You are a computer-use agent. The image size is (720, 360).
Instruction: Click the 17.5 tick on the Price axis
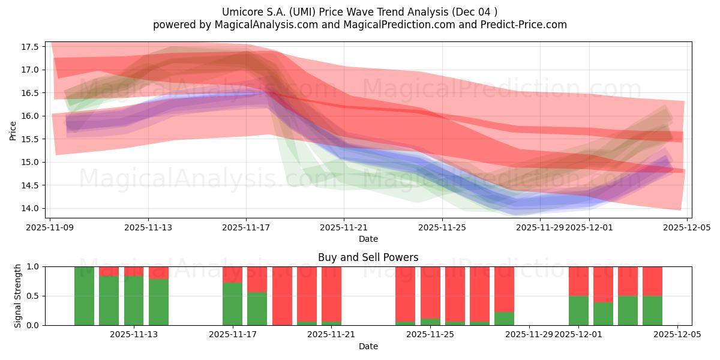tap(31, 47)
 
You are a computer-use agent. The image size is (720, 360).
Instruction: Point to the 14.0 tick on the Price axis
tap(31, 208)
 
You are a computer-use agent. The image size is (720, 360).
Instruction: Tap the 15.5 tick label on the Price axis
tap(31, 139)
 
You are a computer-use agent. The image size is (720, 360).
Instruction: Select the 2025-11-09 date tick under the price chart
tap(50, 227)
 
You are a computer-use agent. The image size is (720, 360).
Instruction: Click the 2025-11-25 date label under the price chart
tap(442, 227)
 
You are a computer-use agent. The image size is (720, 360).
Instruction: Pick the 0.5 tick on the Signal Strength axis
tap(33, 296)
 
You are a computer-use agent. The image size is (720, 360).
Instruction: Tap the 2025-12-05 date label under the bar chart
tap(677, 335)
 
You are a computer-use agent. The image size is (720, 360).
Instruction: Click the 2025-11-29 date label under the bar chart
tap(529, 335)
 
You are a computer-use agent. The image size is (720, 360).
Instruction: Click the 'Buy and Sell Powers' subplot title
tap(368, 257)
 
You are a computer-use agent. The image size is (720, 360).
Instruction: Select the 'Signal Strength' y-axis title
tap(18, 296)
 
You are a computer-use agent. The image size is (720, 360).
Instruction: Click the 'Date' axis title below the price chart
tap(368, 239)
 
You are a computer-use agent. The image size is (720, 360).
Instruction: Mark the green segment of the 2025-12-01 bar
tap(578, 310)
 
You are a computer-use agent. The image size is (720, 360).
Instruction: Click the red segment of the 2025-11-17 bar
tap(232, 274)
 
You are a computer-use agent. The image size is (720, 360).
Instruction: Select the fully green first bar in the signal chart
tap(84, 296)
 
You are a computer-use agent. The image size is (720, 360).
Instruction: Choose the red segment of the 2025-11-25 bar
tap(430, 292)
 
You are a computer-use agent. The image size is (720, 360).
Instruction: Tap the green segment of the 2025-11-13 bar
tap(134, 300)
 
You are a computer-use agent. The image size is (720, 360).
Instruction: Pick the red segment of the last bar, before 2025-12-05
tap(652, 281)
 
